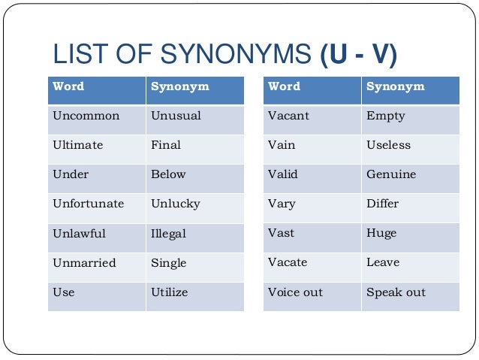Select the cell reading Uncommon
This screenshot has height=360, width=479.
point(86,116)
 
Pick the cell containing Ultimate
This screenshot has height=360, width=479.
point(77,145)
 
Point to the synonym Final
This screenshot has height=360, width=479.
point(165,145)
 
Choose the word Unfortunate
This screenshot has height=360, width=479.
point(88,204)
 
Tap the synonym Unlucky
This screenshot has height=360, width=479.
point(175,204)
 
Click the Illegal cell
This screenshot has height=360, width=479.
point(168,234)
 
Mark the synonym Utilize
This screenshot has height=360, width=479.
point(169,292)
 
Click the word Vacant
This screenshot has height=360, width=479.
point(288,116)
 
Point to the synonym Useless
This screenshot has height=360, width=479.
point(388,145)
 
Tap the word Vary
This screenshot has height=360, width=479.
point(282,204)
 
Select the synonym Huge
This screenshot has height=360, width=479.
point(381,234)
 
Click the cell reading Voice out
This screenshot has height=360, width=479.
point(295,292)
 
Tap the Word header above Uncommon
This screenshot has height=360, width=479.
point(68,87)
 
